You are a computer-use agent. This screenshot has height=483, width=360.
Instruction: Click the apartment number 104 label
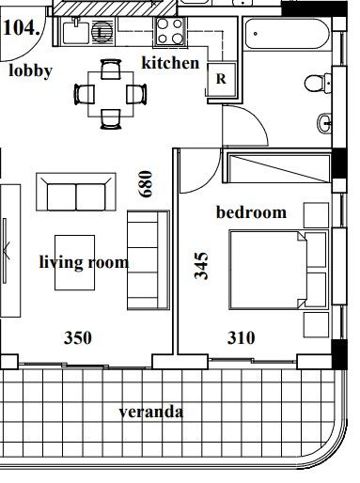tap(22, 27)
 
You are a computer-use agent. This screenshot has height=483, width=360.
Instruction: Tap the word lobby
tap(30, 71)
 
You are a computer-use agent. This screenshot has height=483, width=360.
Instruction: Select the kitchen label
tap(170, 63)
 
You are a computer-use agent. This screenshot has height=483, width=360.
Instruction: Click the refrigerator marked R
tap(222, 80)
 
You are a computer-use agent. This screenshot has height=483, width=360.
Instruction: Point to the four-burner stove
tap(170, 32)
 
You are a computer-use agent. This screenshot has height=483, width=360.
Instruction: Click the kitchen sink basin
tap(76, 32)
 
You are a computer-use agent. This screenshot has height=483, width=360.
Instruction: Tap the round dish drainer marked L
tap(102, 32)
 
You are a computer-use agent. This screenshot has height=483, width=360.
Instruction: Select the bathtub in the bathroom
tap(287, 34)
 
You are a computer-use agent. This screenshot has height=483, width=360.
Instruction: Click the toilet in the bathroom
tap(317, 84)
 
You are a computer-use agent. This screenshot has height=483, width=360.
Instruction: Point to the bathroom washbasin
tap(324, 123)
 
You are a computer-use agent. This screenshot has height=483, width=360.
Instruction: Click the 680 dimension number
tap(146, 184)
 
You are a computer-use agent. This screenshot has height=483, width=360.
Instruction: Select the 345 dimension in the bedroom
tap(201, 265)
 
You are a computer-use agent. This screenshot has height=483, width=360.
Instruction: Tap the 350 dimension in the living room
tap(78, 338)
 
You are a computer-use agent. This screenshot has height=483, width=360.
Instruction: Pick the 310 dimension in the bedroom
tap(241, 338)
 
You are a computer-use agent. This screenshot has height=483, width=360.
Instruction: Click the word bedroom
tap(251, 212)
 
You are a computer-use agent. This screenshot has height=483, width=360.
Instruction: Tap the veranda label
tap(151, 412)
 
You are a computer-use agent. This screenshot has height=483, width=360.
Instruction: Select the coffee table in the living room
tap(74, 262)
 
